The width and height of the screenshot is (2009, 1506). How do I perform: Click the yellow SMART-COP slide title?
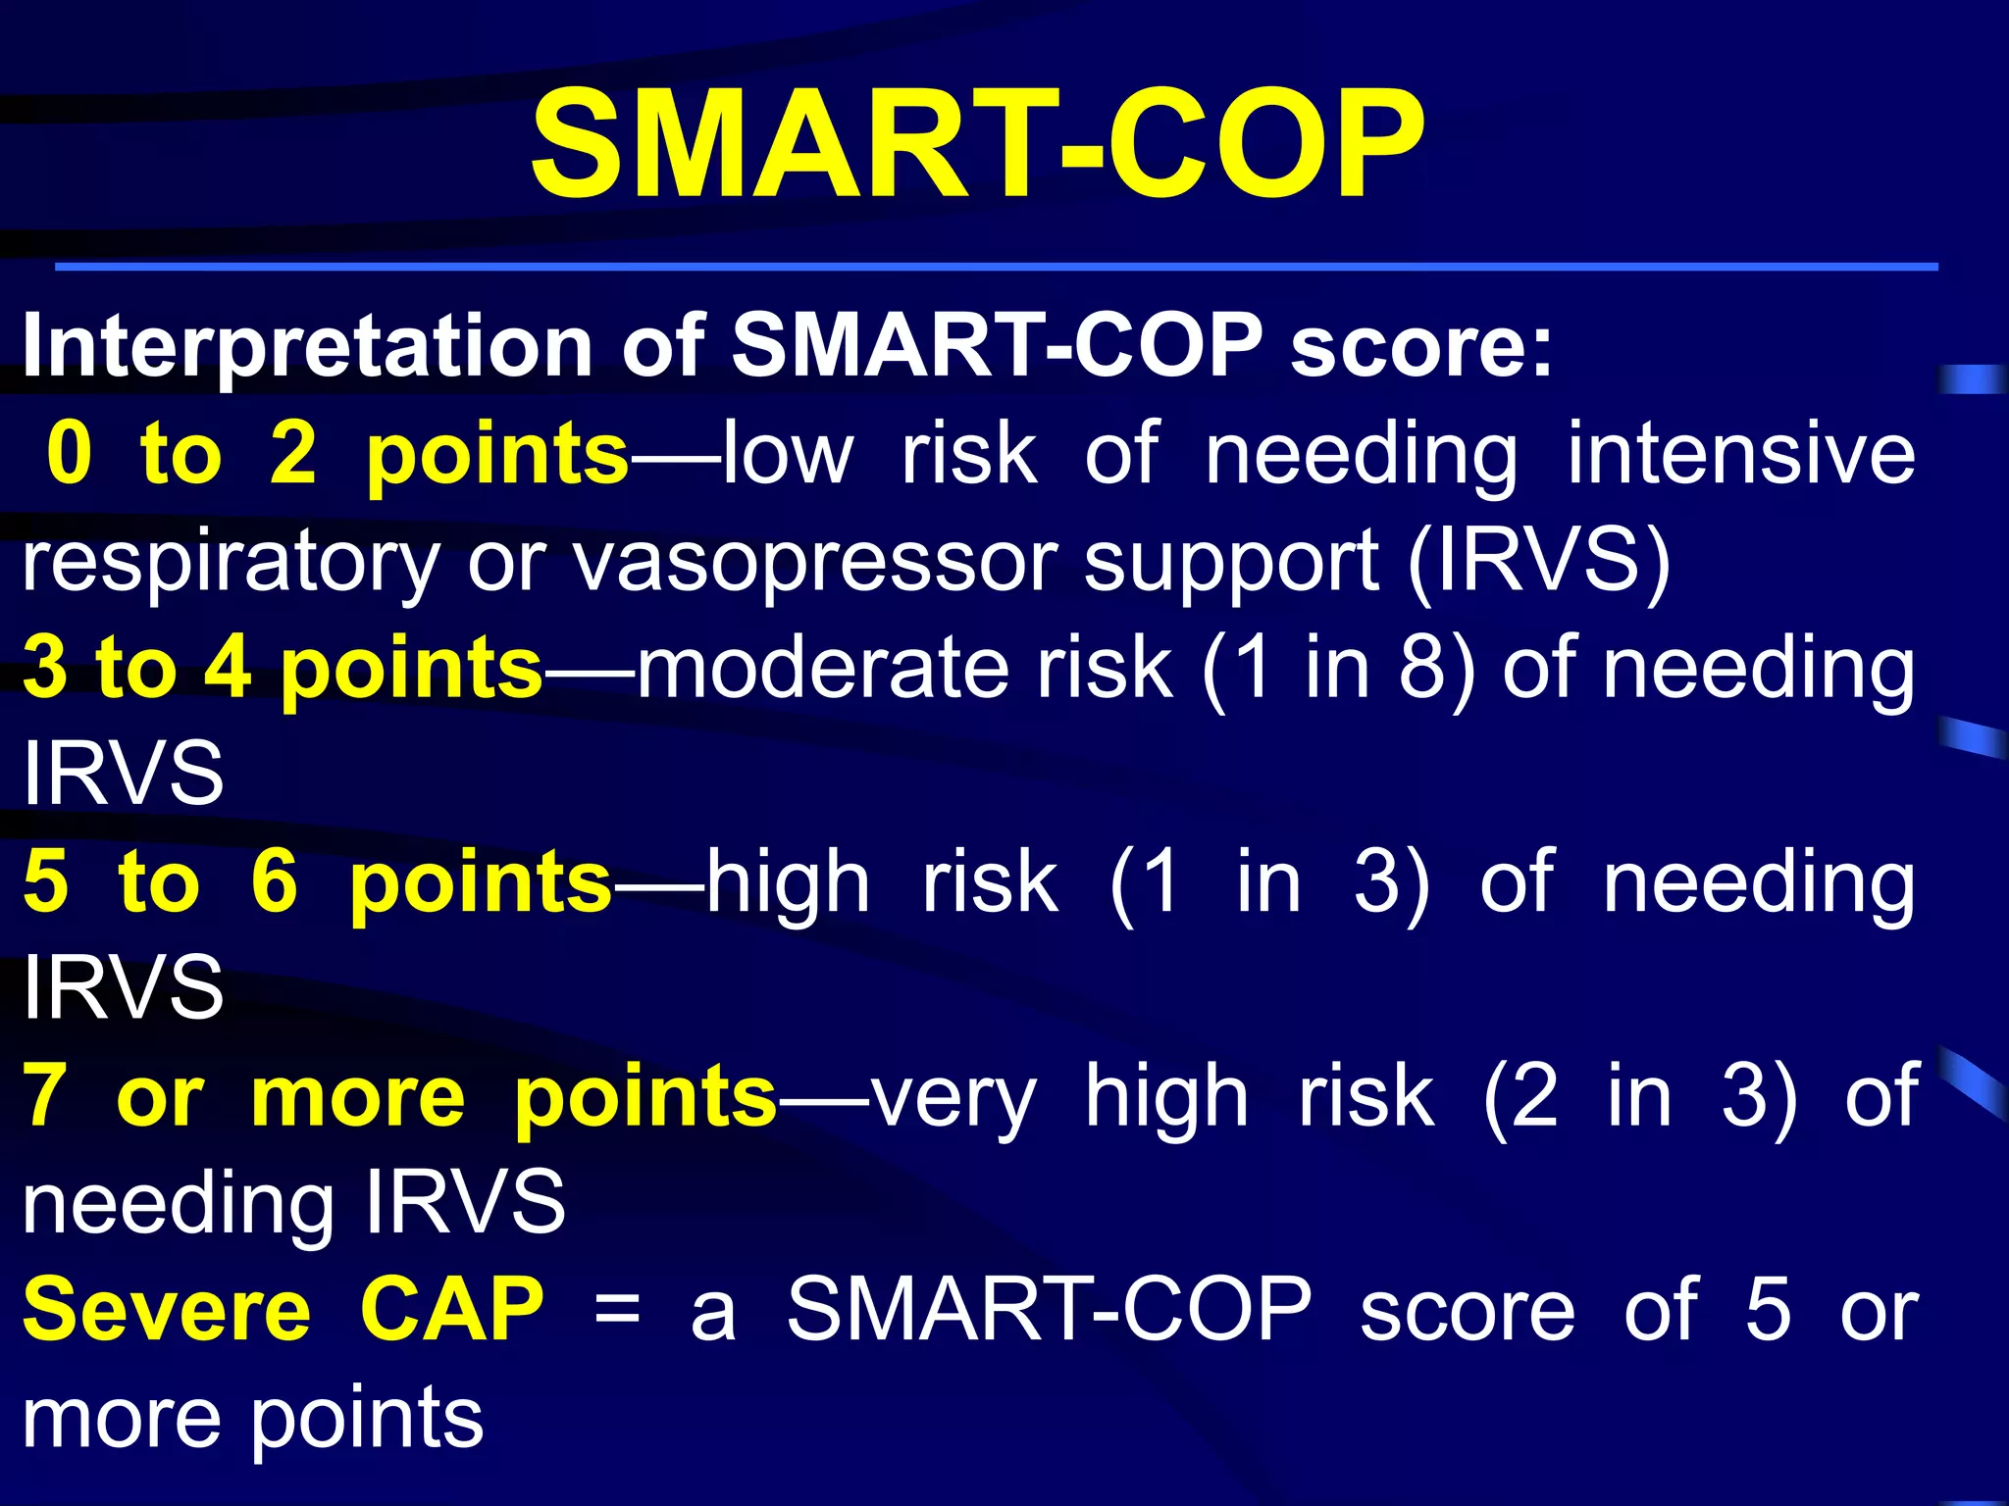coord(977,144)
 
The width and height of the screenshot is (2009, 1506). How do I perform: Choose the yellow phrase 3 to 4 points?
coord(283,669)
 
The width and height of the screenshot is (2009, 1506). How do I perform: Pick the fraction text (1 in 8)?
coord(1338,669)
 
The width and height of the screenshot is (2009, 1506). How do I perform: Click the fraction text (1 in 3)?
coord(1269,882)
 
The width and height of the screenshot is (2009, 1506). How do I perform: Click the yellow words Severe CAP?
coord(283,1311)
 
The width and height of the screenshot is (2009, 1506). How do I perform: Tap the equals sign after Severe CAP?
coord(617,1311)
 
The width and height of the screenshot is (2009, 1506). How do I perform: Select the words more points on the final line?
coord(252,1419)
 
